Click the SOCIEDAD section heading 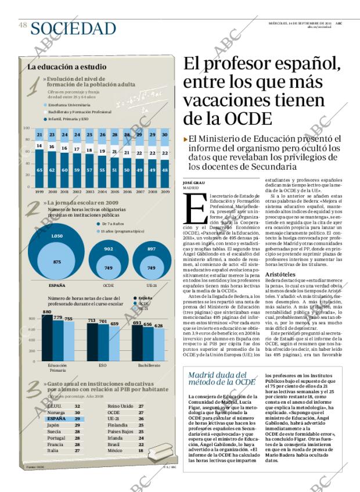pos(74,27)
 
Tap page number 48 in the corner pos(23,25)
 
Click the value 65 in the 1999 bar pos(39,170)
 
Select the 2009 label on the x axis pos(165,191)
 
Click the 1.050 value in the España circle pos(56,236)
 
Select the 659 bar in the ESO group pos(114,343)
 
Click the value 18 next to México pos(141,450)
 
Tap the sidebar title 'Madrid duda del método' pos(221,378)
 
